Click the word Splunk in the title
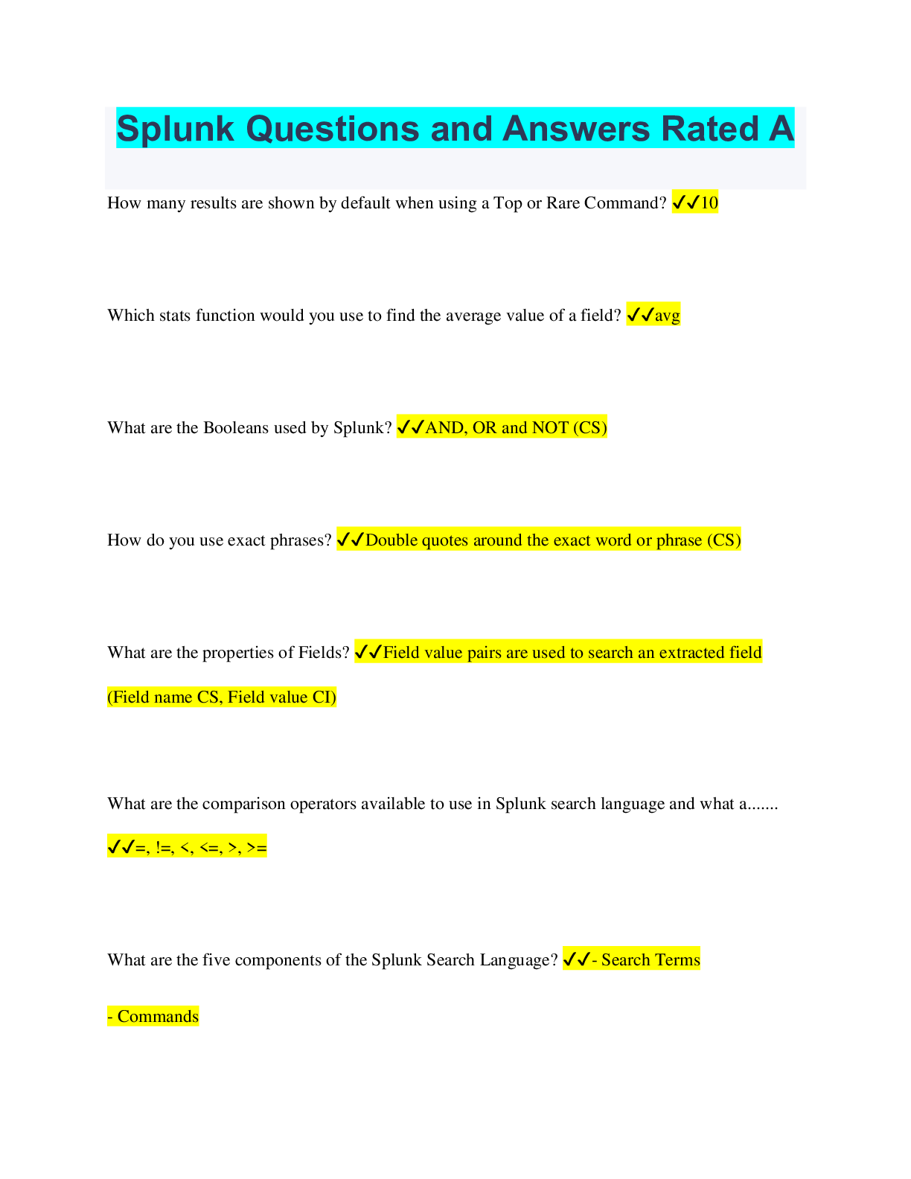point(176,129)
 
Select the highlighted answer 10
point(709,202)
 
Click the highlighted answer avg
point(668,316)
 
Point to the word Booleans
point(236,428)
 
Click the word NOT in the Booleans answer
point(551,428)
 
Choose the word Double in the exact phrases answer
point(391,540)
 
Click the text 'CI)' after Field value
point(324,697)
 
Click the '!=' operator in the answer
point(164,847)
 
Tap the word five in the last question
point(216,960)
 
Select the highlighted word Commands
point(158,1017)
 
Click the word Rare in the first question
point(563,203)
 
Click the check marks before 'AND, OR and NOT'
point(410,428)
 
